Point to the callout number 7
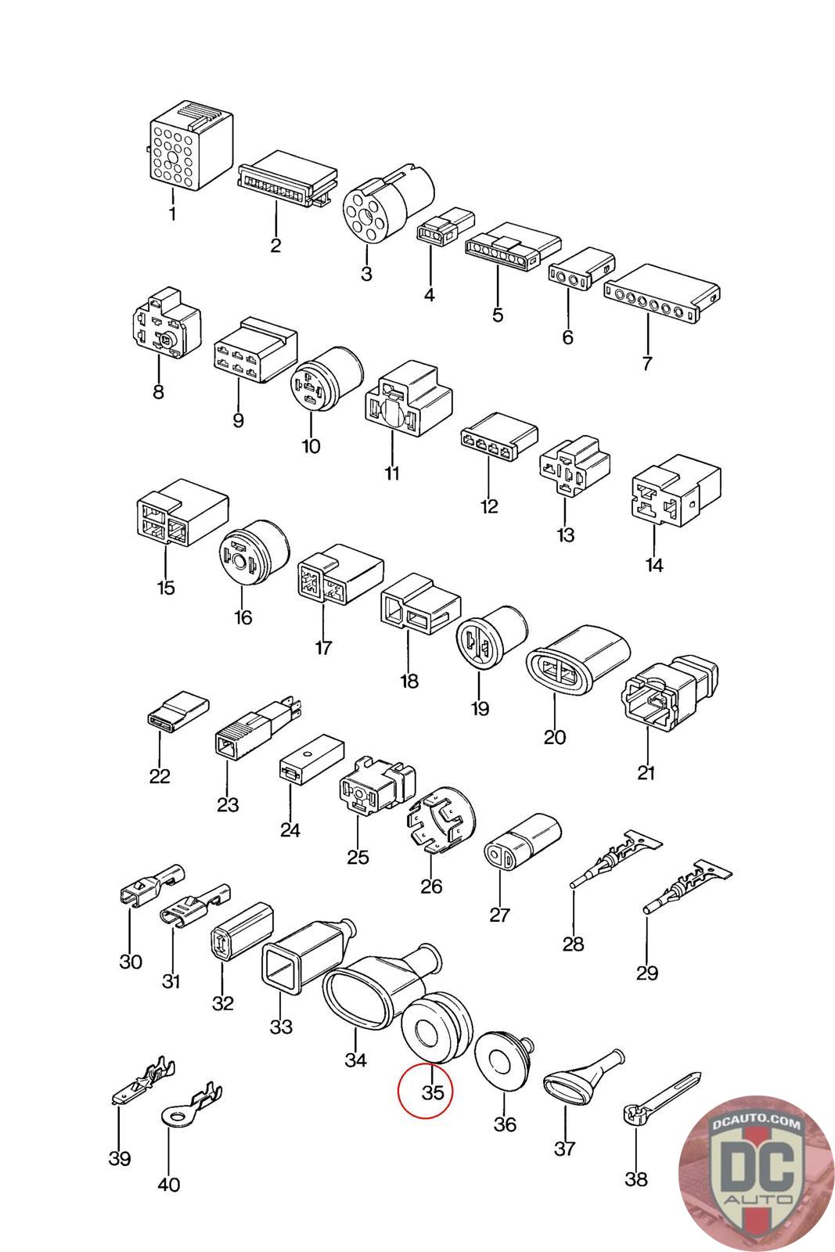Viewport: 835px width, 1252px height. click(x=647, y=363)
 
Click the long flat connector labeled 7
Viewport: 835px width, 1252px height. click(x=662, y=295)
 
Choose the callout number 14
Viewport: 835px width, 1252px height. click(x=654, y=564)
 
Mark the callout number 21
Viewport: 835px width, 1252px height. click(x=646, y=773)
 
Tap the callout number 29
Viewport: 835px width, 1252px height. click(x=647, y=973)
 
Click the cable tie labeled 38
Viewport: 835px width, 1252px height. click(x=661, y=1095)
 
